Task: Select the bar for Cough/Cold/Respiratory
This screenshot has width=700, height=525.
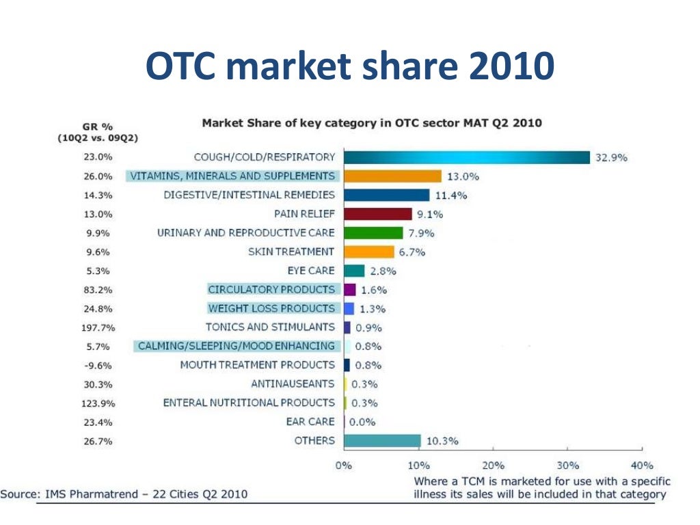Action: [x=466, y=157]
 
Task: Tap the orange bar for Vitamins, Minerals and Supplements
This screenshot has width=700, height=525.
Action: [x=392, y=176]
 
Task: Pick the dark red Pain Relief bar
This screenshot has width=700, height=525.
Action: [x=377, y=214]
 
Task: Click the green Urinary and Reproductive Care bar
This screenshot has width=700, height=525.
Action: [x=373, y=233]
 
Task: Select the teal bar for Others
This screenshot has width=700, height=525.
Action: [x=382, y=441]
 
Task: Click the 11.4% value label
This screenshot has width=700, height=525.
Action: [x=450, y=196]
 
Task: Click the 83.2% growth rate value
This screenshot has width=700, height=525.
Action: [x=96, y=290]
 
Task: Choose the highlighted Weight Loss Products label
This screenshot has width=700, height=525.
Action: [x=271, y=308]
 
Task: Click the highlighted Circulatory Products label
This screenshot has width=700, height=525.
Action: [x=271, y=289]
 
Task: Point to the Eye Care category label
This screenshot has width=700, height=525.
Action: [x=311, y=271]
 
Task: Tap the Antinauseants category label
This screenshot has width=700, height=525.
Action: [x=293, y=383]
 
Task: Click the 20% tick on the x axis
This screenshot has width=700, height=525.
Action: [x=492, y=466]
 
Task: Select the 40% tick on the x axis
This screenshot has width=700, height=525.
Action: [x=641, y=466]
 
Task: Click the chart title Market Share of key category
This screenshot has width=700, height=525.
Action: [x=371, y=123]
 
